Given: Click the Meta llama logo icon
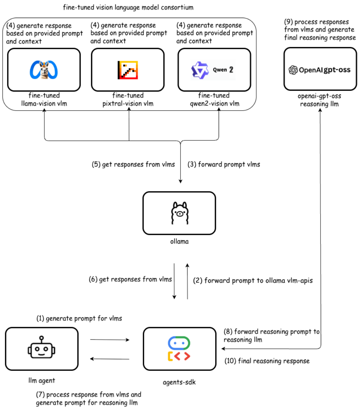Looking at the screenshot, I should pos(44,70).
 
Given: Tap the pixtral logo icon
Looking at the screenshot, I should pos(128,70).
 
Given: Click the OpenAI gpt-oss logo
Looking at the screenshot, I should pos(320,70).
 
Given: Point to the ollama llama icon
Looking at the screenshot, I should pos(179,213).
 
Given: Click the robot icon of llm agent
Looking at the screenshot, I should pos(41,348).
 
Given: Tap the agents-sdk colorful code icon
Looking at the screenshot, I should pos(179,349).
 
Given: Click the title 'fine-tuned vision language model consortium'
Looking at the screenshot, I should pos(128,7).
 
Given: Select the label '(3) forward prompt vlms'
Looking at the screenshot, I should pos(224,165).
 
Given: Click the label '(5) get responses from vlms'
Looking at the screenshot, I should pos(133,165).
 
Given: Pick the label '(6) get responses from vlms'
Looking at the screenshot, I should pos(130,279).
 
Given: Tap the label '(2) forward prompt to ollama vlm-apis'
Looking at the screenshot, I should pos(253,280).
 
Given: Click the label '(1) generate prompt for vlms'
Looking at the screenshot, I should pos(79,318).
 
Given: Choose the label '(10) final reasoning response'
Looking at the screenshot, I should pos(267,361).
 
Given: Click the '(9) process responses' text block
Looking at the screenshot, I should pos(320,30).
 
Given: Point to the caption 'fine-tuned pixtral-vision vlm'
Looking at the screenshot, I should pos(128,100).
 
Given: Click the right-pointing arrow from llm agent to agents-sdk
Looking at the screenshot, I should pos(110,340).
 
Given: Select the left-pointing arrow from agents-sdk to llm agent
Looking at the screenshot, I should pos(110,359).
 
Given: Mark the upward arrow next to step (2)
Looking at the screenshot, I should pos(188,281).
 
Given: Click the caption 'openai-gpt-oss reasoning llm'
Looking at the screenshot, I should pos(320,100).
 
